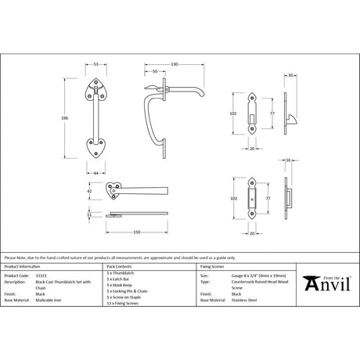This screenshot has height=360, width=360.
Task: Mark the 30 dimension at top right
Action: click(x=290, y=75)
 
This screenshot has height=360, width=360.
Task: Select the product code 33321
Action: click(x=40, y=276)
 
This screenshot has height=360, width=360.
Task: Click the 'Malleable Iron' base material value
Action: click(x=47, y=300)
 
